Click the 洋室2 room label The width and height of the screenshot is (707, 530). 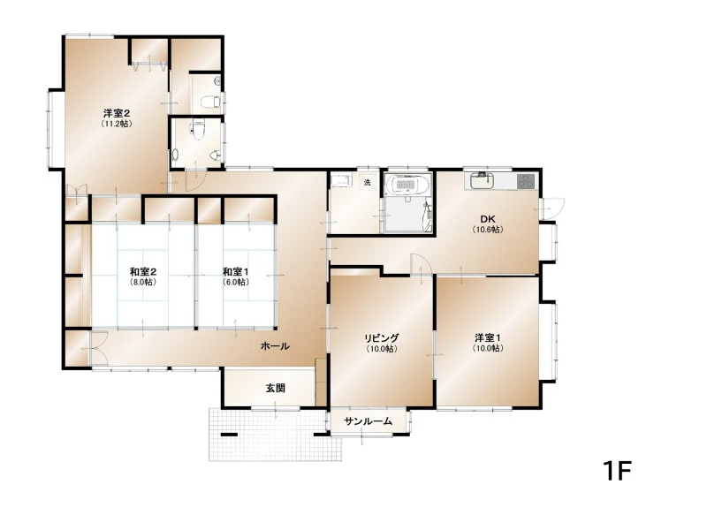[117, 113]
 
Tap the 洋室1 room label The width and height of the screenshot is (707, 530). [488, 337]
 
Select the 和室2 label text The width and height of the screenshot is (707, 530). [143, 272]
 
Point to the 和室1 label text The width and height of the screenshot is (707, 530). [235, 272]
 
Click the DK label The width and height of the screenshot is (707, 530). [488, 219]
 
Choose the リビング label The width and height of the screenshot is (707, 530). [382, 337]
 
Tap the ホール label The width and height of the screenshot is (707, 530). [275, 346]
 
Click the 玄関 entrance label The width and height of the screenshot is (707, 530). [275, 388]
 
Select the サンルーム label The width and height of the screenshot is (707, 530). [368, 421]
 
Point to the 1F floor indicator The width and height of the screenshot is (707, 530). [617, 471]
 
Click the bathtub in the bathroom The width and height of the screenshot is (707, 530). [407, 185]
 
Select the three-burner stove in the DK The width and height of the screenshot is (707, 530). [525, 181]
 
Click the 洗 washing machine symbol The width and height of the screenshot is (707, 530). [368, 183]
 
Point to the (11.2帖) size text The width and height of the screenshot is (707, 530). [117, 124]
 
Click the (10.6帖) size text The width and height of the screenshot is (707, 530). [488, 230]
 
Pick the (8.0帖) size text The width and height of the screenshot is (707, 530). [143, 283]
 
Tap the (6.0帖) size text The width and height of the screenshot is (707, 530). [235, 283]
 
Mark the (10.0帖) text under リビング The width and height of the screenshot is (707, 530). [382, 349]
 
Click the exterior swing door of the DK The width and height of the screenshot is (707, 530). [551, 208]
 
